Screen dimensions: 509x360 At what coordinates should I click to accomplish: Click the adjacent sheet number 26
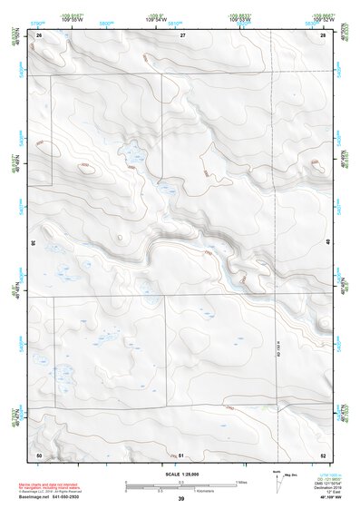(40, 34)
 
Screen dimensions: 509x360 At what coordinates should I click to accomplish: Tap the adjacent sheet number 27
(181, 34)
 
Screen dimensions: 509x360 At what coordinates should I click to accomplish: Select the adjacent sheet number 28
(322, 34)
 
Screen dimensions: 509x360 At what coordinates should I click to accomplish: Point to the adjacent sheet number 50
(39, 454)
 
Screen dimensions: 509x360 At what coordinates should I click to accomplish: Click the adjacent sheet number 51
(181, 454)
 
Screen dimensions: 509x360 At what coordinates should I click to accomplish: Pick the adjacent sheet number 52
(322, 454)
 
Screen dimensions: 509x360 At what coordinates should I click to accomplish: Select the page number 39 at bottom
(181, 499)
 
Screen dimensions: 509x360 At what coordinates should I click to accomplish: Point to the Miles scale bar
(180, 481)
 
